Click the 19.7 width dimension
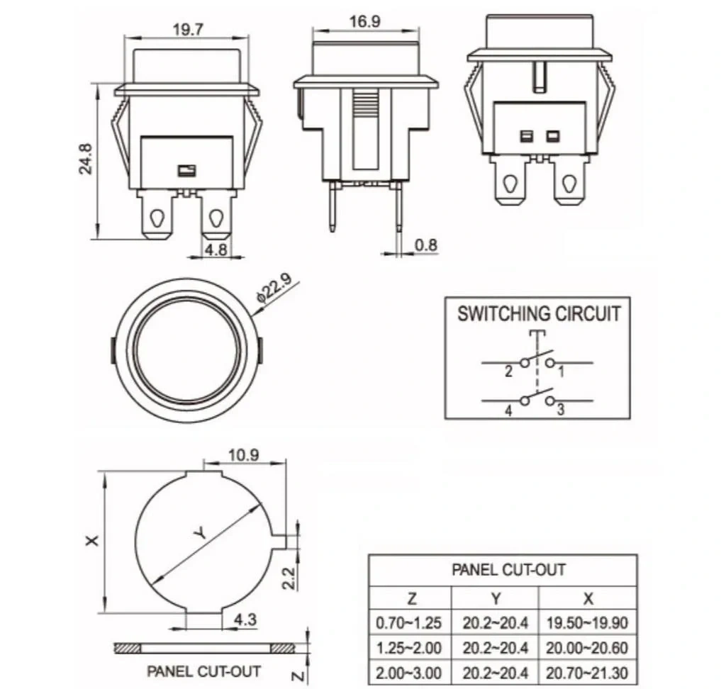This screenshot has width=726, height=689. pyautogui.click(x=188, y=30)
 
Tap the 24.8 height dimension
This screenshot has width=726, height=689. pyautogui.click(x=86, y=159)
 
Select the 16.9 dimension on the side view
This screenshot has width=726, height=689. pyautogui.click(x=365, y=21)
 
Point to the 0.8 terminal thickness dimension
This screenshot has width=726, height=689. pyautogui.click(x=426, y=245)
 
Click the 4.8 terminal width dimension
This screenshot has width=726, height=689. pyautogui.click(x=216, y=249)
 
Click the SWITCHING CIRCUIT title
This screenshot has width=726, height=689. pyautogui.click(x=539, y=313)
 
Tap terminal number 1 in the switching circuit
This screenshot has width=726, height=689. pyautogui.click(x=562, y=372)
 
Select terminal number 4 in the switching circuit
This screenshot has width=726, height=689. pyautogui.click(x=508, y=410)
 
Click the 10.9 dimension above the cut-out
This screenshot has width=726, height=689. pyautogui.click(x=244, y=455)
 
